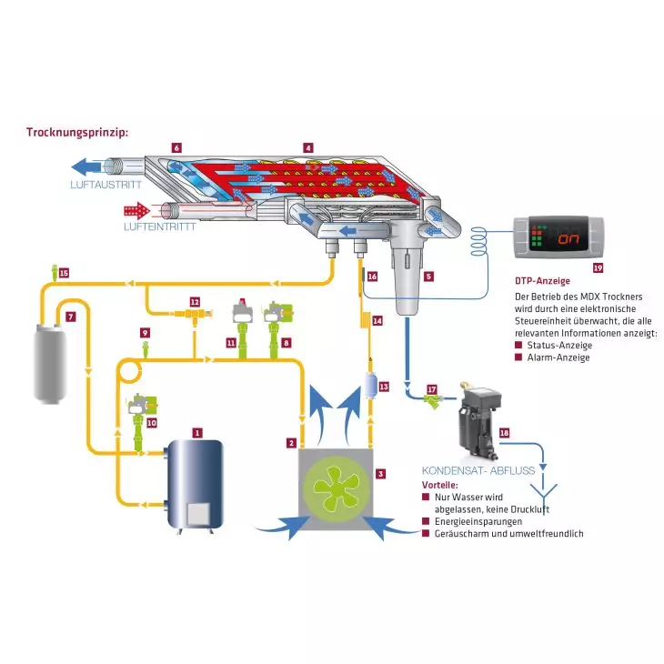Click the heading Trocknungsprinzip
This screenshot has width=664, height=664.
pyautogui.click(x=77, y=132)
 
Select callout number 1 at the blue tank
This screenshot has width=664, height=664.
pyautogui.click(x=196, y=432)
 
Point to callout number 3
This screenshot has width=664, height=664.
pyautogui.click(x=380, y=474)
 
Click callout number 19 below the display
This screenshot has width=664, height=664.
pyautogui.click(x=598, y=268)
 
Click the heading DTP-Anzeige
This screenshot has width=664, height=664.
pyautogui.click(x=543, y=281)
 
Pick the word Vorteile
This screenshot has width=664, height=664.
pyautogui.click(x=440, y=486)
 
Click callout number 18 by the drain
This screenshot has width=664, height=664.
pyautogui.click(x=504, y=433)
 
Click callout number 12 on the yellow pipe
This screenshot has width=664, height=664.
pyautogui.click(x=195, y=300)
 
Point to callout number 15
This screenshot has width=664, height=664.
pyautogui.click(x=63, y=272)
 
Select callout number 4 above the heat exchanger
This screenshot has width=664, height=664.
pyautogui.click(x=309, y=147)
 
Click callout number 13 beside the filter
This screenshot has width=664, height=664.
pyautogui.click(x=383, y=387)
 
